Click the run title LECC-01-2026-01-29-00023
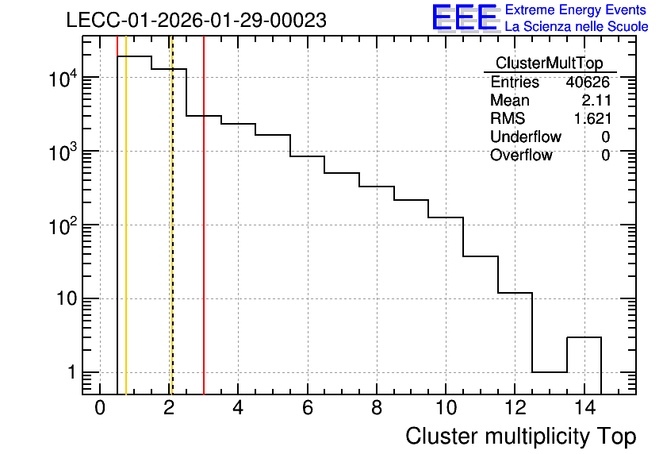point(196,20)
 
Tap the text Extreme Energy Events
point(576,10)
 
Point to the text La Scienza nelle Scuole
point(577,27)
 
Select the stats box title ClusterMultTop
point(550,63)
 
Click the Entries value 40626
point(588,82)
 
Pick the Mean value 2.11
point(596,100)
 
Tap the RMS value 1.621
point(592,118)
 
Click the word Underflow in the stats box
point(526,137)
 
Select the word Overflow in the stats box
point(521,155)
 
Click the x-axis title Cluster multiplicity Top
point(521,437)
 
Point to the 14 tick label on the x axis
point(584,408)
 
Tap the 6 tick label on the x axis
point(308,408)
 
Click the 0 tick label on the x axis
point(100,408)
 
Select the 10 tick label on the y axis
point(67,299)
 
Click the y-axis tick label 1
point(72,373)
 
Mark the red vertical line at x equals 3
point(204,215)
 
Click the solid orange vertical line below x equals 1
point(126,215)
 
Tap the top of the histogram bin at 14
point(584,337)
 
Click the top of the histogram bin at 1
point(135,56)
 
